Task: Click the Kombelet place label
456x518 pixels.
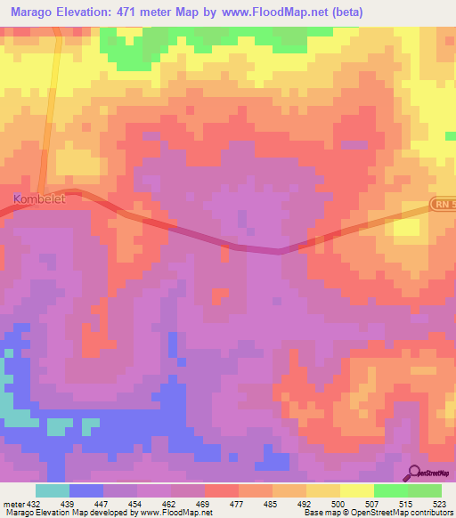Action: [x=40, y=198]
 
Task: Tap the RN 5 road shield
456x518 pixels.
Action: [x=443, y=205]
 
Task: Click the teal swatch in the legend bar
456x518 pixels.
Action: [x=53, y=490]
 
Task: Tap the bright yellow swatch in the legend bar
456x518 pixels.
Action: [x=356, y=490]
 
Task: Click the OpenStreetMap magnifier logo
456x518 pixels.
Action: [x=414, y=473]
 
